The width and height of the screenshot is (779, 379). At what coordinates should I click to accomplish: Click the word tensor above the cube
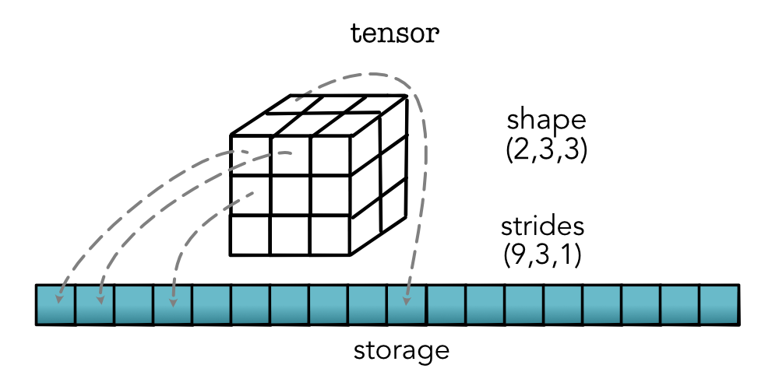click(395, 33)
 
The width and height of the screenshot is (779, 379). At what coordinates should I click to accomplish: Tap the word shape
click(545, 121)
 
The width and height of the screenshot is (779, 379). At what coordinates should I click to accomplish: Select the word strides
click(543, 227)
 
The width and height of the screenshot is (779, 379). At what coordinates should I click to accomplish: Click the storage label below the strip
click(401, 349)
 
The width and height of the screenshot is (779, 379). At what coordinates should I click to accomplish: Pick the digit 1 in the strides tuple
click(573, 254)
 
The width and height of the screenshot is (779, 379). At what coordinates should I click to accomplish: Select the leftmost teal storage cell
click(55, 304)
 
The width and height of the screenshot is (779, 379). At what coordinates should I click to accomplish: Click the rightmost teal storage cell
click(718, 304)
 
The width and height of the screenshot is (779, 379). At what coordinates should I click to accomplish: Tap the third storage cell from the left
click(133, 304)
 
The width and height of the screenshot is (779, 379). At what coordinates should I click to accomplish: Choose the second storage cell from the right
click(679, 304)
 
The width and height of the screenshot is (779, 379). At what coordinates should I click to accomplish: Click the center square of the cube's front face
click(290, 195)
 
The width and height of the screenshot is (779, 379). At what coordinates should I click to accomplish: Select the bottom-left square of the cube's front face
click(250, 234)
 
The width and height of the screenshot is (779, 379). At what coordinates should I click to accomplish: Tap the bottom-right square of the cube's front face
click(330, 234)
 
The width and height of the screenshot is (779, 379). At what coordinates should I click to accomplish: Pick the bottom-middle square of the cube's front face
click(290, 234)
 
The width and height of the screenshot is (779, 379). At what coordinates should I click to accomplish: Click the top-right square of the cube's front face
click(330, 155)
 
